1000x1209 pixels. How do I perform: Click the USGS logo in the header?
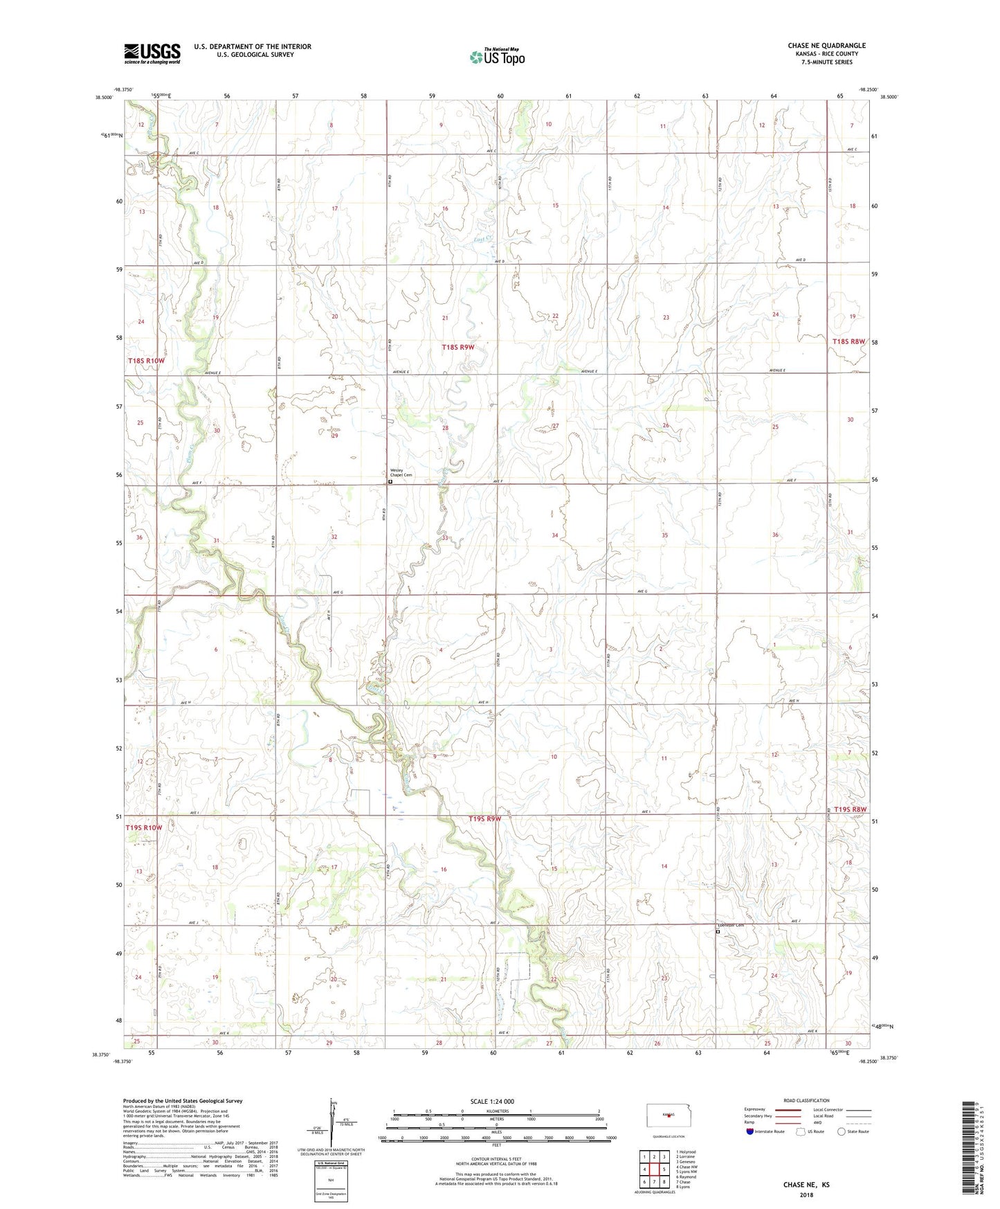pos(152,53)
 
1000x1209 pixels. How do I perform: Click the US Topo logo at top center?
pos(497,57)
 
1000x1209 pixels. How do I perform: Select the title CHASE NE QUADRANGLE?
pos(826,46)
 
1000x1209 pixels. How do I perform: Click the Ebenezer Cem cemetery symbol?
pos(718,932)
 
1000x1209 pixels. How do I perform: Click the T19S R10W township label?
pos(144,827)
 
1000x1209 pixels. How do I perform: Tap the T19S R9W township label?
pos(484,818)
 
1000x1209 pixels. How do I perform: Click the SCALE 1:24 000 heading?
pos(492,1101)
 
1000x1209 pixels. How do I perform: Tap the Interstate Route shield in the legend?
pos(751,1131)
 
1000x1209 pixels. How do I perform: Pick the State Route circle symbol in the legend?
pos(841,1131)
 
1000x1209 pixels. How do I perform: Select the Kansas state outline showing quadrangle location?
pos(667,1116)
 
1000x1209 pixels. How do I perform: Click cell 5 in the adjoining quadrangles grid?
pos(664,1170)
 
